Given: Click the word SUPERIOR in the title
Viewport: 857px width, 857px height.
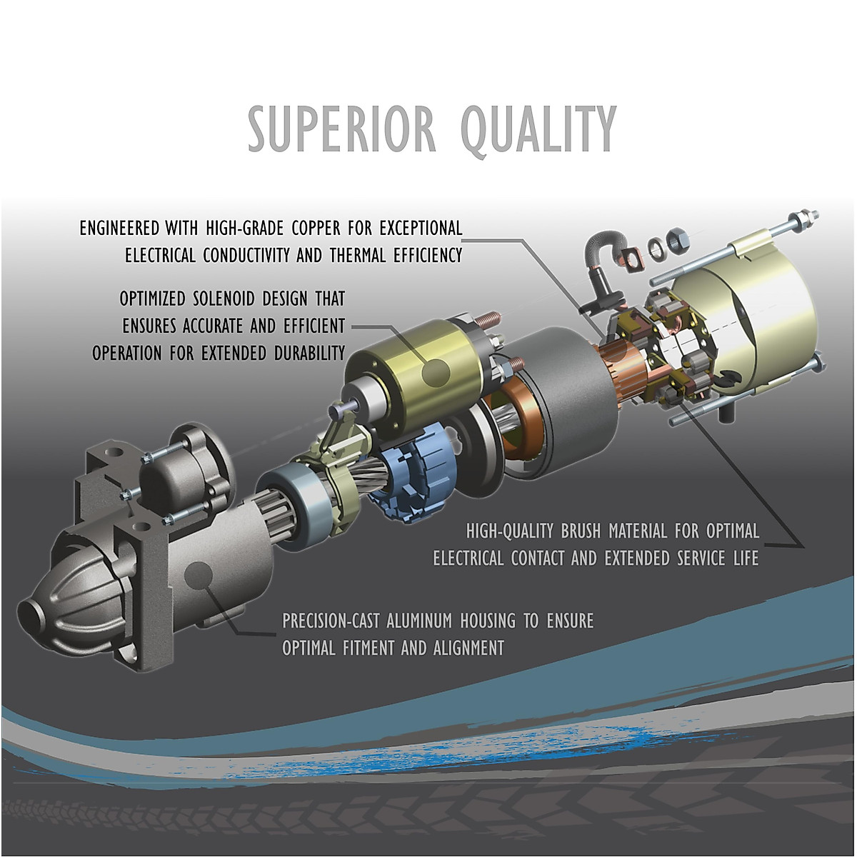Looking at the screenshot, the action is click(x=341, y=129).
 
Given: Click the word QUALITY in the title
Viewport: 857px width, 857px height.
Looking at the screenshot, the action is click(x=538, y=131).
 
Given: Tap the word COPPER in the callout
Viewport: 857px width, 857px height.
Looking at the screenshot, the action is click(x=316, y=228).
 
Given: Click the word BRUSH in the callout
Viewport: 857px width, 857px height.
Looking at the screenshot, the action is click(x=581, y=531).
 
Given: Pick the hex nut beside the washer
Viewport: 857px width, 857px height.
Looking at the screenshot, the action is click(x=678, y=239).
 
